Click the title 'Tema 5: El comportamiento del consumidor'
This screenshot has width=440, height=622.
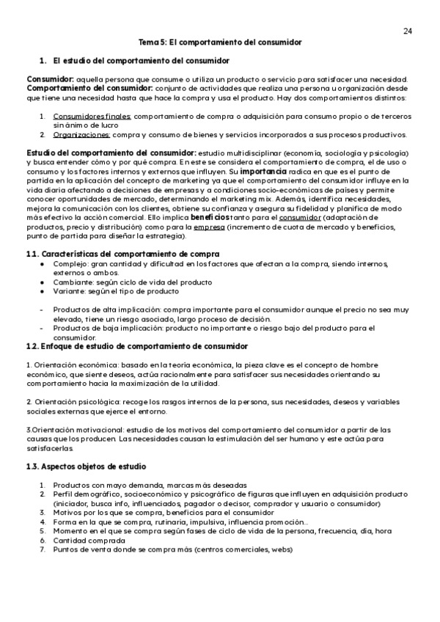pos(220,43)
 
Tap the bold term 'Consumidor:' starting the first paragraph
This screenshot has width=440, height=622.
pos(50,79)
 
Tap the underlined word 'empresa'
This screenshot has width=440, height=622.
pos(209,227)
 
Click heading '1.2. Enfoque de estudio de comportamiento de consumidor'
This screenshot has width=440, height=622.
pos(136,346)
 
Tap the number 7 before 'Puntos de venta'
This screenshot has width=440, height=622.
pos(43,549)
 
